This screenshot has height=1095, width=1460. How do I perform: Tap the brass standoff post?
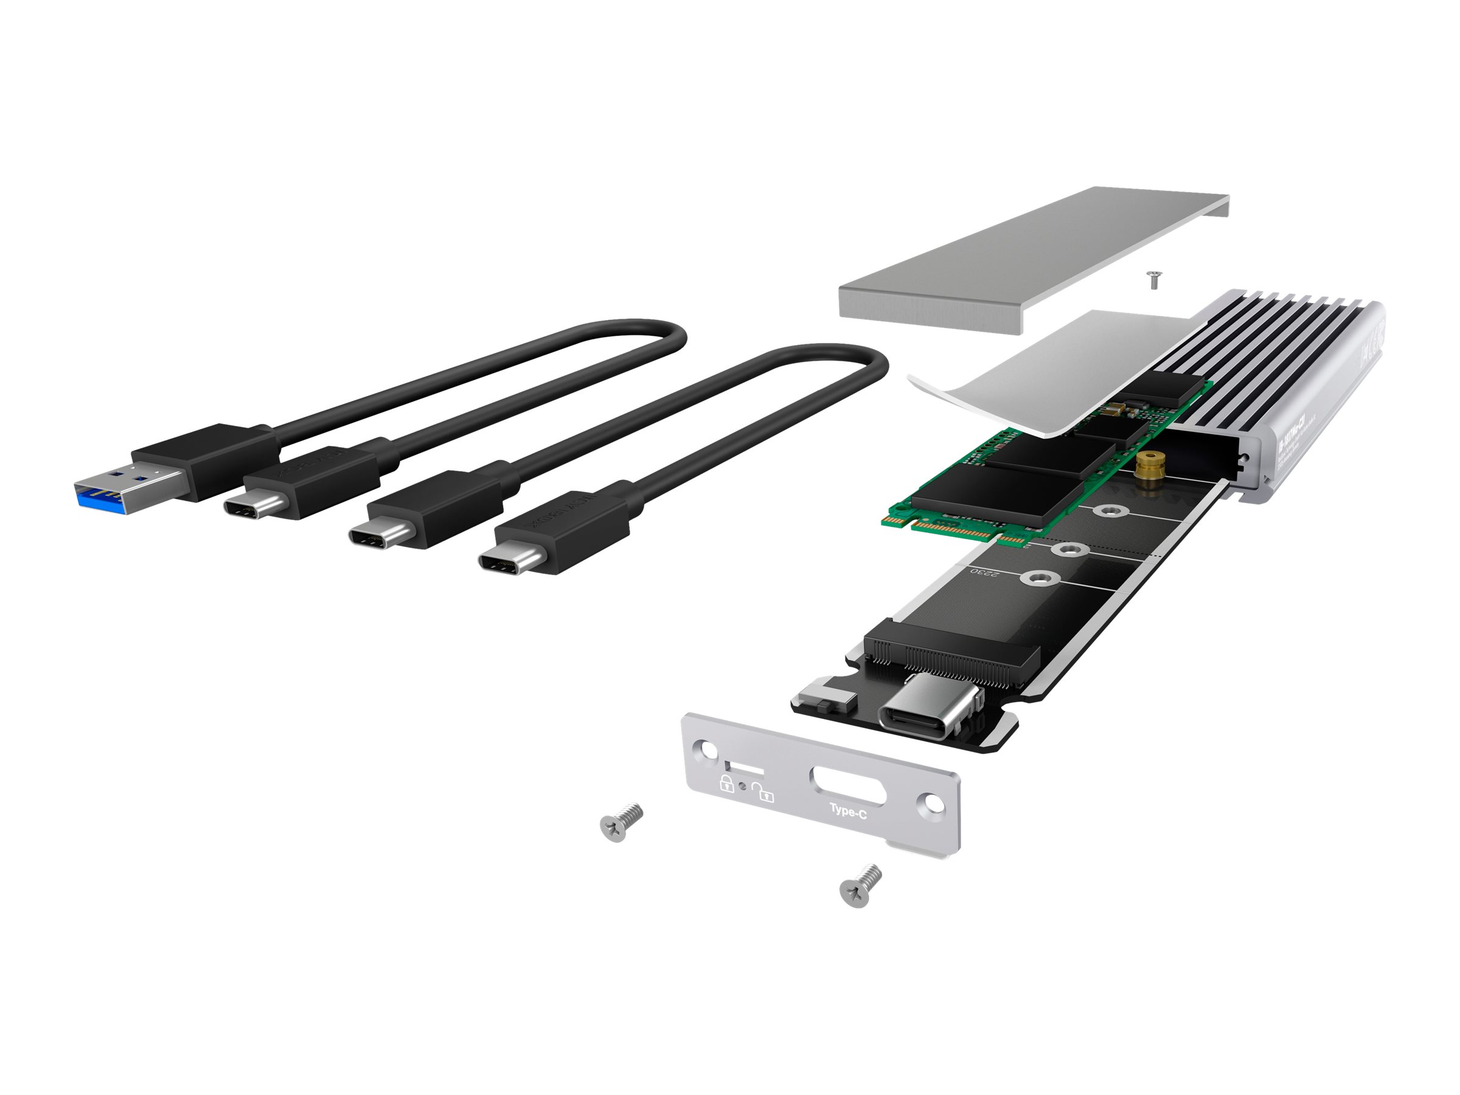[1149, 470]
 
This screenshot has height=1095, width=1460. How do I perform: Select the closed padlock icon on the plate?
[726, 784]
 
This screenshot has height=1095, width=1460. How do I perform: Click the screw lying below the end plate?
[860, 886]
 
